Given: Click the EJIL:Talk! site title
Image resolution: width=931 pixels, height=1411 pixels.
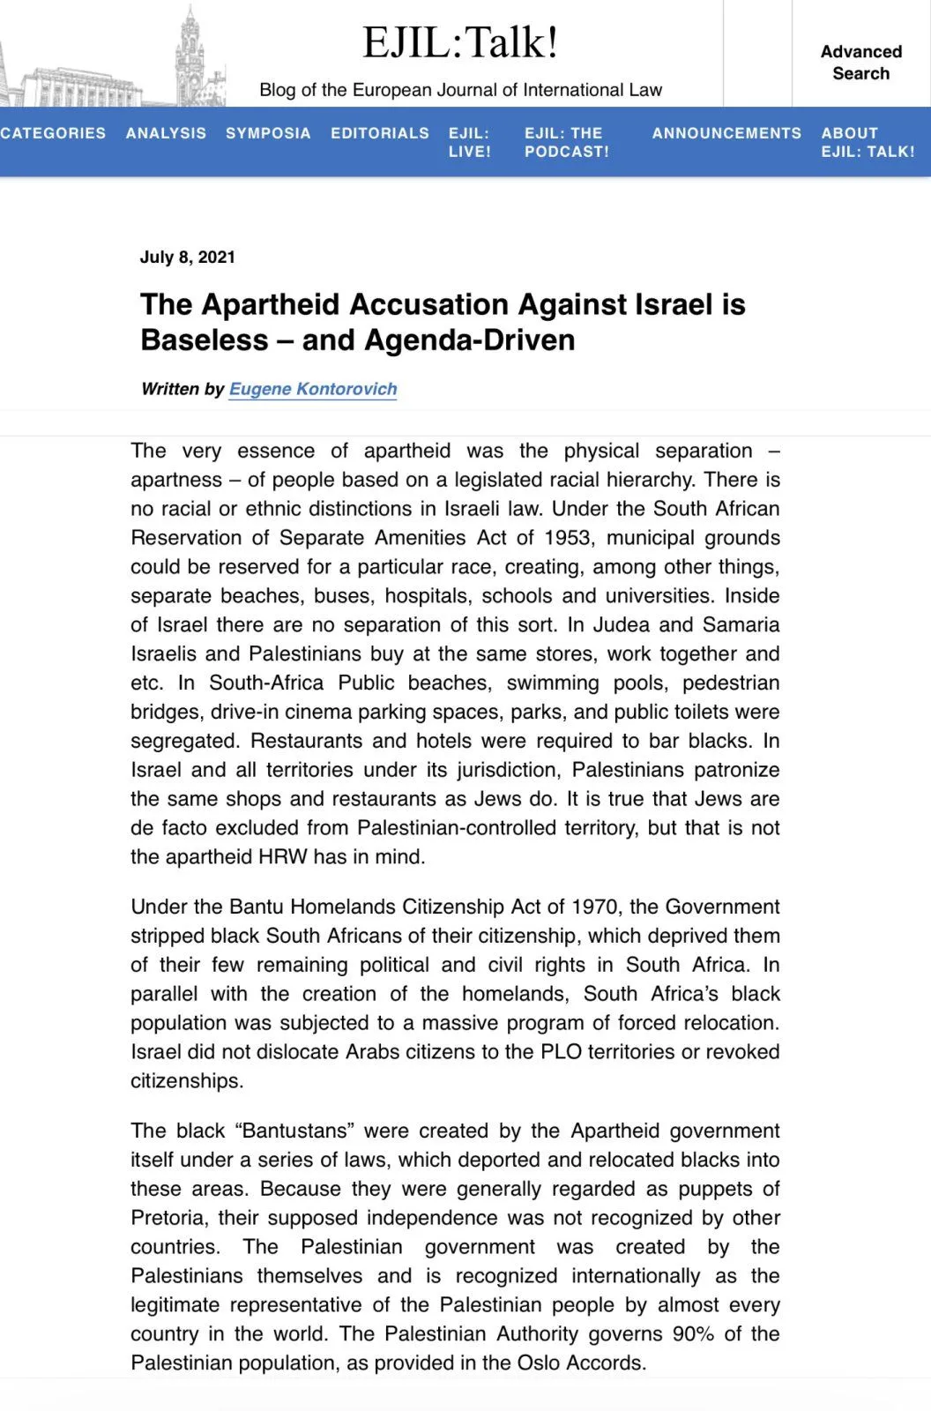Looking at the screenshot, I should (460, 42).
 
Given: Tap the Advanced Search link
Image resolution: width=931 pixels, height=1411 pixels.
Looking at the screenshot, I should (860, 63).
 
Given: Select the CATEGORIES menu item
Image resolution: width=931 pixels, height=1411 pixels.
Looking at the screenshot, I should (52, 133).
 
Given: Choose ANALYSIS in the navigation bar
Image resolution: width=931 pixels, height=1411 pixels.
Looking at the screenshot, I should (166, 133).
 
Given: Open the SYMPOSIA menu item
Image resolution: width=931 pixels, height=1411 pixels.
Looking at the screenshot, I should (268, 133).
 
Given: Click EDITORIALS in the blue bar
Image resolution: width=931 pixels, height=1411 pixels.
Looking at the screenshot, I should (380, 133).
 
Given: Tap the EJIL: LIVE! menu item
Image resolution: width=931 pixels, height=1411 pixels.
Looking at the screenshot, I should (469, 142).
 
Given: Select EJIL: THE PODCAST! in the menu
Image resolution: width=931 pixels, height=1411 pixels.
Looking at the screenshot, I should (566, 142).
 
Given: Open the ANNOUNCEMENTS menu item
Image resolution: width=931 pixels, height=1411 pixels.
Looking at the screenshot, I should (726, 133).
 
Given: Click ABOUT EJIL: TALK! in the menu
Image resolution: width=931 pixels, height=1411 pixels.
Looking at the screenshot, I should (868, 142).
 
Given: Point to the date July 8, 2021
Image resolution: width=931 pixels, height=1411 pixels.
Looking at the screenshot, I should (187, 258).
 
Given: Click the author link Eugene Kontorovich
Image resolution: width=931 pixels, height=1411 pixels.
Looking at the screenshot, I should (313, 389).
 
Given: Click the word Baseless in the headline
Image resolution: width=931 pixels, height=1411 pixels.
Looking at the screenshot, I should (204, 340).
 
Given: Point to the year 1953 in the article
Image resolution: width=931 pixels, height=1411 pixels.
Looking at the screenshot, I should (568, 538).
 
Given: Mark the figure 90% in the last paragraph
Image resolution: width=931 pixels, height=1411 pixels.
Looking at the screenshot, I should (693, 1333).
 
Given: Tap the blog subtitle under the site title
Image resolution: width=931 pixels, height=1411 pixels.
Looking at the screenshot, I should (460, 90).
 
